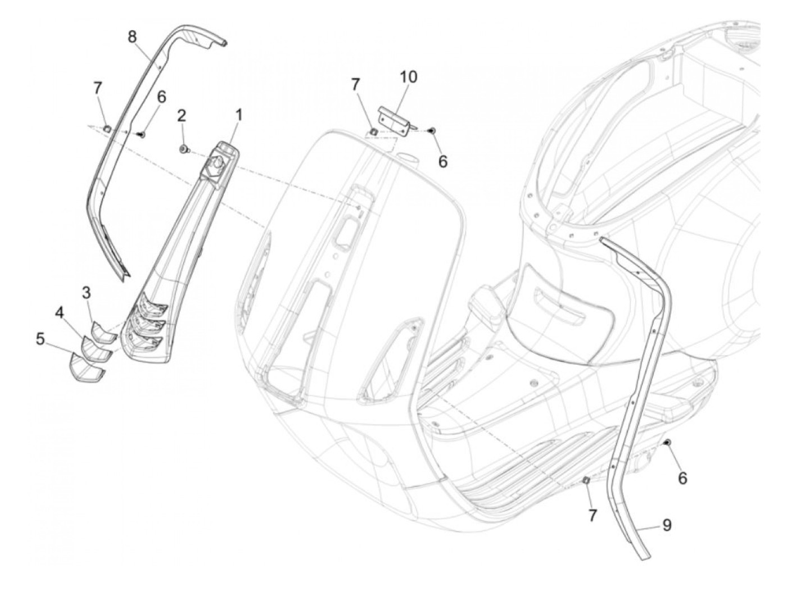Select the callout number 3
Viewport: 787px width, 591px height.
click(86, 293)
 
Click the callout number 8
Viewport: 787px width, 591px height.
click(132, 37)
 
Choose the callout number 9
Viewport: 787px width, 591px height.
click(667, 526)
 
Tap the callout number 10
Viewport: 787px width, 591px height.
click(409, 77)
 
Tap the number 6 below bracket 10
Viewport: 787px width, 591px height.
click(443, 161)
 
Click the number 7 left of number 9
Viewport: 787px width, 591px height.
click(592, 516)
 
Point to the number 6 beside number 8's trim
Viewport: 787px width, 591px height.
click(161, 97)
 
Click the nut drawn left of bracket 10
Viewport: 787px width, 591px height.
click(372, 132)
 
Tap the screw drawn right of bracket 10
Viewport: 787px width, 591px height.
click(432, 130)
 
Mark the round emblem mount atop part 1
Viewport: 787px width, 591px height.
click(216, 162)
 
